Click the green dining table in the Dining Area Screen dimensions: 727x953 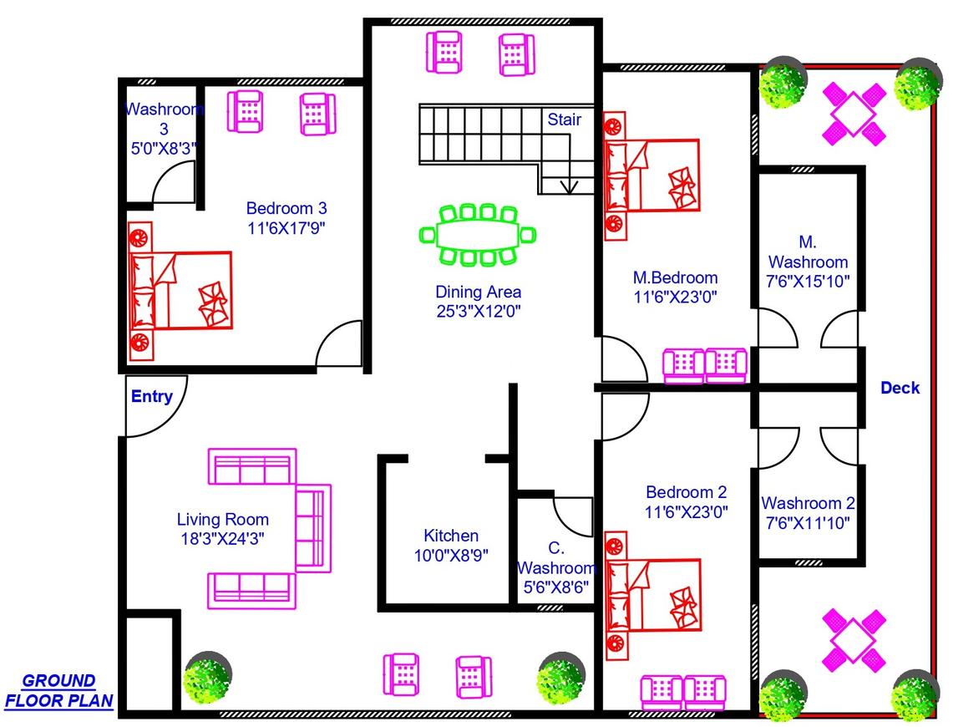click(x=478, y=235)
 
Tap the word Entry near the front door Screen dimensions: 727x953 click(x=152, y=396)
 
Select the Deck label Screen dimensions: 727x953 click(x=900, y=388)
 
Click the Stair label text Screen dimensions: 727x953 click(x=564, y=119)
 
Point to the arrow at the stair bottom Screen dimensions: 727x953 click(x=570, y=186)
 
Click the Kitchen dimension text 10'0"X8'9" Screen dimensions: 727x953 click(x=451, y=554)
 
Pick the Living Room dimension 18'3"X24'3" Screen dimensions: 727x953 click(x=223, y=538)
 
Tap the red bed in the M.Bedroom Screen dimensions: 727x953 click(x=651, y=175)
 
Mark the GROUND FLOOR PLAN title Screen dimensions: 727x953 click(x=58, y=691)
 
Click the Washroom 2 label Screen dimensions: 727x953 click(x=808, y=503)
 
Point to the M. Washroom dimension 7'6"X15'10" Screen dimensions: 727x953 click(x=808, y=282)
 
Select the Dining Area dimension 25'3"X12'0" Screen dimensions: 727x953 click(x=479, y=311)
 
